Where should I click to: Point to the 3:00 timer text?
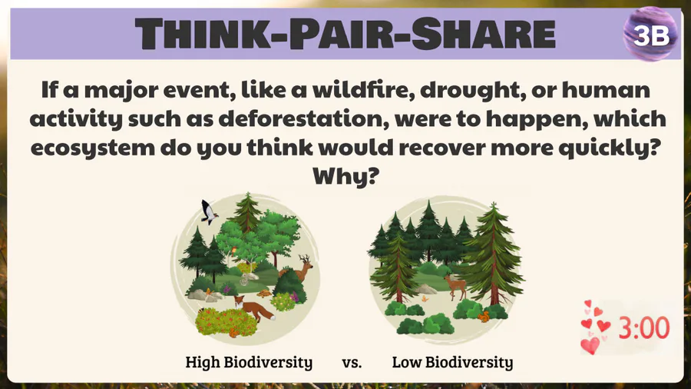644,327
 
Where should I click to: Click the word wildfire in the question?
364,89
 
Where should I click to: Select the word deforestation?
303,118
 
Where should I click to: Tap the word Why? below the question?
345,176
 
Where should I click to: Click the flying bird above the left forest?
208,211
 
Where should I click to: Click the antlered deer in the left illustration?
299,268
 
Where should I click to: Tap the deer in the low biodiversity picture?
456,286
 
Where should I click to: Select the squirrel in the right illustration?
484,316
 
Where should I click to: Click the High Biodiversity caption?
249,362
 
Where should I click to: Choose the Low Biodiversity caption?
452,362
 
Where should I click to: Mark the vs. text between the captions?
352,363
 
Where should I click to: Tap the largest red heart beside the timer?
590,345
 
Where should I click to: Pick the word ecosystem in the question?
93,148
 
